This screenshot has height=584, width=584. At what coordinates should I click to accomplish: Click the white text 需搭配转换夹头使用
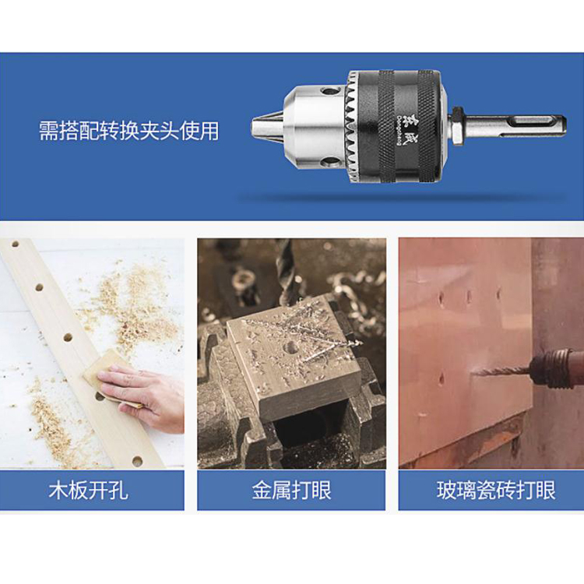pos(128,131)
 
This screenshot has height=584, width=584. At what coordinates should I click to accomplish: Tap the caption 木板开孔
pos(89,490)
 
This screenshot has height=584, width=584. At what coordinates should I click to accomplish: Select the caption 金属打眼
pos(291,490)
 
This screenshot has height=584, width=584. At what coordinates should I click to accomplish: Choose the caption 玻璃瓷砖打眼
pos(497,490)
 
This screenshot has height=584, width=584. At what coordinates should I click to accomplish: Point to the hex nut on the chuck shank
pos(457,127)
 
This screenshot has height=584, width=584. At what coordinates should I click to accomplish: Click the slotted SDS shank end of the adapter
pos(515,126)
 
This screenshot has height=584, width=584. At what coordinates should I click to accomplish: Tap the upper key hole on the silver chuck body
pos(329,90)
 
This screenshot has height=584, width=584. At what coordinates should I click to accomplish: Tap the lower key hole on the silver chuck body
pos(329,162)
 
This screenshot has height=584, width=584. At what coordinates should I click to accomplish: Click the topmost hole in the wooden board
pos(16,245)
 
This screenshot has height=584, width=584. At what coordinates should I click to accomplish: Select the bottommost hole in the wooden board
pos(137,462)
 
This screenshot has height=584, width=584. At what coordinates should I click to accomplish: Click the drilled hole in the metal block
pos(290,348)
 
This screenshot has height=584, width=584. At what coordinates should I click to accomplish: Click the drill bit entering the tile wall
pos(501,371)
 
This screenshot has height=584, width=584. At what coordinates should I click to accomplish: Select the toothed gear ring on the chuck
pos(351,127)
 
